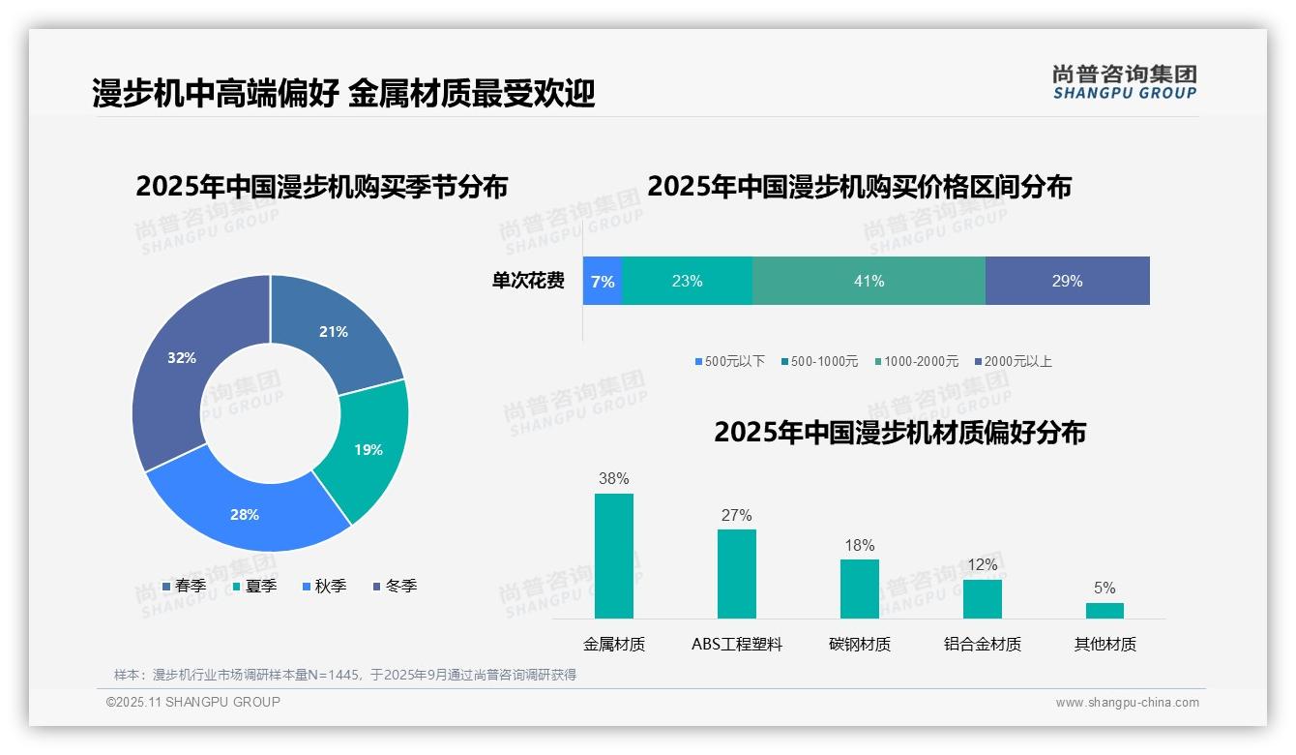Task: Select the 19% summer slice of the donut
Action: click(368, 449)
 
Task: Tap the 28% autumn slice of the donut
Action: click(245, 514)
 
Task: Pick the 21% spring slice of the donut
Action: click(334, 331)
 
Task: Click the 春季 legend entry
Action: click(184, 586)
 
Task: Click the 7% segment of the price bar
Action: click(603, 281)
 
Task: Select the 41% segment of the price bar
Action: click(869, 281)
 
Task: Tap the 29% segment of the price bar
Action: click(1067, 281)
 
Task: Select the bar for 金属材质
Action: click(614, 556)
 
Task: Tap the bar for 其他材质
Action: click(1105, 610)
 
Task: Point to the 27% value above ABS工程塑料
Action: click(736, 515)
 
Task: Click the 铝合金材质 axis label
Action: click(982, 644)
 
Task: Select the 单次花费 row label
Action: click(528, 281)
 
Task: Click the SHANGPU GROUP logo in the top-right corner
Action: click(1124, 81)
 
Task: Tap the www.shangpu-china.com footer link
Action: click(1127, 703)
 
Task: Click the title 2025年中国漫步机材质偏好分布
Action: click(899, 432)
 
